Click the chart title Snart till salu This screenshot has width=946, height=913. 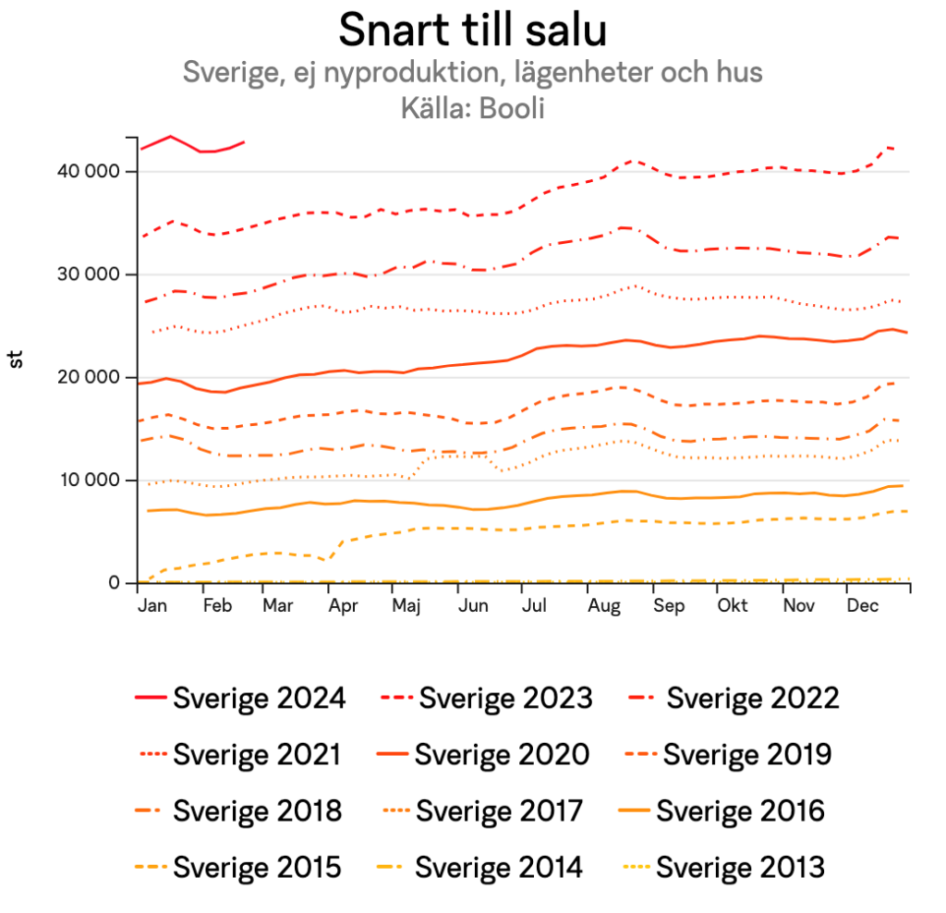pos(472,30)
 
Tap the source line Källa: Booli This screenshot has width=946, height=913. pos(472,108)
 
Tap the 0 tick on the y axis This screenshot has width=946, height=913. pos(114,582)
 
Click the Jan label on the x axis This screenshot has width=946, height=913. pos(153,606)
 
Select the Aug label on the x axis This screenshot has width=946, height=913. pos(603,606)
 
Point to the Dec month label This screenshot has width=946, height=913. pos(862,606)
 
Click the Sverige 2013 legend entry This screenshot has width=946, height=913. pos(739,869)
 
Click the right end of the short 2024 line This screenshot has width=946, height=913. pos(244,142)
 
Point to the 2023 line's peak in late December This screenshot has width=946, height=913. pos(888,147)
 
